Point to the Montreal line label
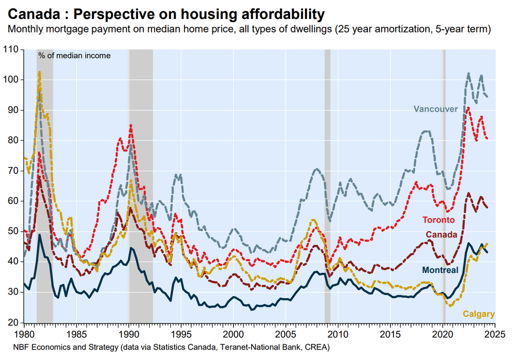click(440, 270)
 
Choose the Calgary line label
click(478, 314)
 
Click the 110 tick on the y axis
click(12, 50)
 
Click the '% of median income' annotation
click(74, 55)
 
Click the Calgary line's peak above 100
click(39, 72)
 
